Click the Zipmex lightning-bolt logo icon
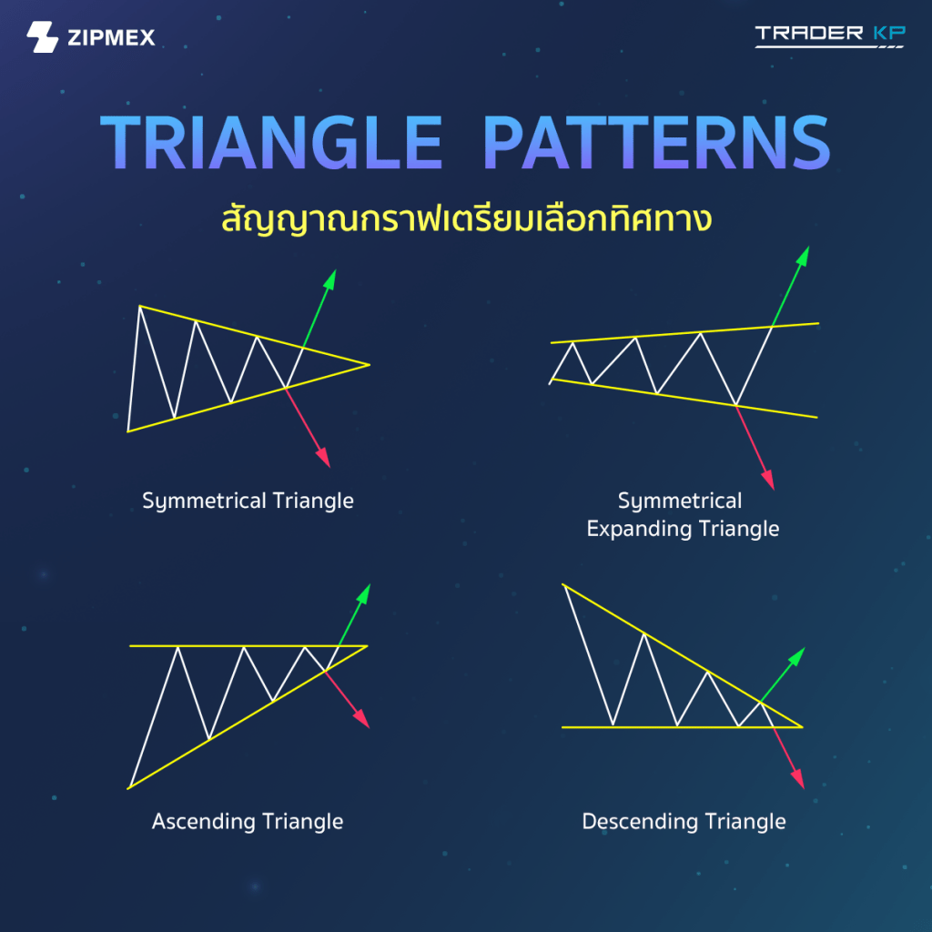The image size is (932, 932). pyautogui.click(x=42, y=36)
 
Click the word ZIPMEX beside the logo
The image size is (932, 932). pyautogui.click(x=111, y=37)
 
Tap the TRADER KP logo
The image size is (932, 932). pyautogui.click(x=830, y=35)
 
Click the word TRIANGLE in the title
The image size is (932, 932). pyautogui.click(x=271, y=143)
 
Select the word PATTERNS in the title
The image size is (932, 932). pyautogui.click(x=657, y=143)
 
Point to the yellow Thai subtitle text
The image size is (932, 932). pyautogui.click(x=467, y=218)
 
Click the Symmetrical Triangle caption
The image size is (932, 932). pyautogui.click(x=248, y=501)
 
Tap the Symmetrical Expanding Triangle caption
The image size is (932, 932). pyautogui.click(x=683, y=515)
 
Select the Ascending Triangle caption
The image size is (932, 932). pyautogui.click(x=248, y=822)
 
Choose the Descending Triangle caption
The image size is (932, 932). pyautogui.click(x=684, y=822)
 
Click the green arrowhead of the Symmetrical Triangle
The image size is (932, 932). pyautogui.click(x=329, y=279)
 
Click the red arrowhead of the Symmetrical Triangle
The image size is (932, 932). pyautogui.click(x=323, y=458)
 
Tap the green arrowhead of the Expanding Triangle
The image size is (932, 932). pyautogui.click(x=803, y=256)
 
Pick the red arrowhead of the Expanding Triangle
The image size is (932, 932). pyautogui.click(x=768, y=480)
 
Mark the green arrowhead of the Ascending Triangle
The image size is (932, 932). pyautogui.click(x=363, y=593)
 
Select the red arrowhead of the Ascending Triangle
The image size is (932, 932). pyautogui.click(x=362, y=719)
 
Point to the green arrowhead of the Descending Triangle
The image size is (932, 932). pyautogui.click(x=797, y=656)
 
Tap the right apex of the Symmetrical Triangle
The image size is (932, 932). pyautogui.click(x=370, y=364)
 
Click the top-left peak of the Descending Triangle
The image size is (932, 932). pyautogui.click(x=562, y=585)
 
